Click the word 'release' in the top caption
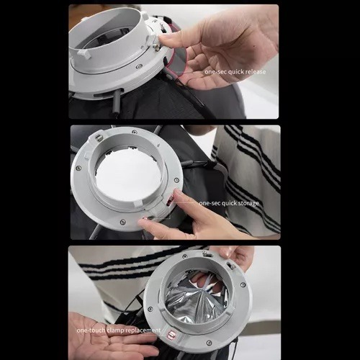(x=256, y=72)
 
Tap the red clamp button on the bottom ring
(x=172, y=334)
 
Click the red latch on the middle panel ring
(x=171, y=199)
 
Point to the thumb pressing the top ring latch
(x=168, y=41)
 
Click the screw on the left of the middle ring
(x=77, y=168)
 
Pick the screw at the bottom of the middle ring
(x=122, y=221)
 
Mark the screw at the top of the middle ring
(x=135, y=132)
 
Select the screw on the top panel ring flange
(x=138, y=67)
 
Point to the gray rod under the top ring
(x=117, y=102)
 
